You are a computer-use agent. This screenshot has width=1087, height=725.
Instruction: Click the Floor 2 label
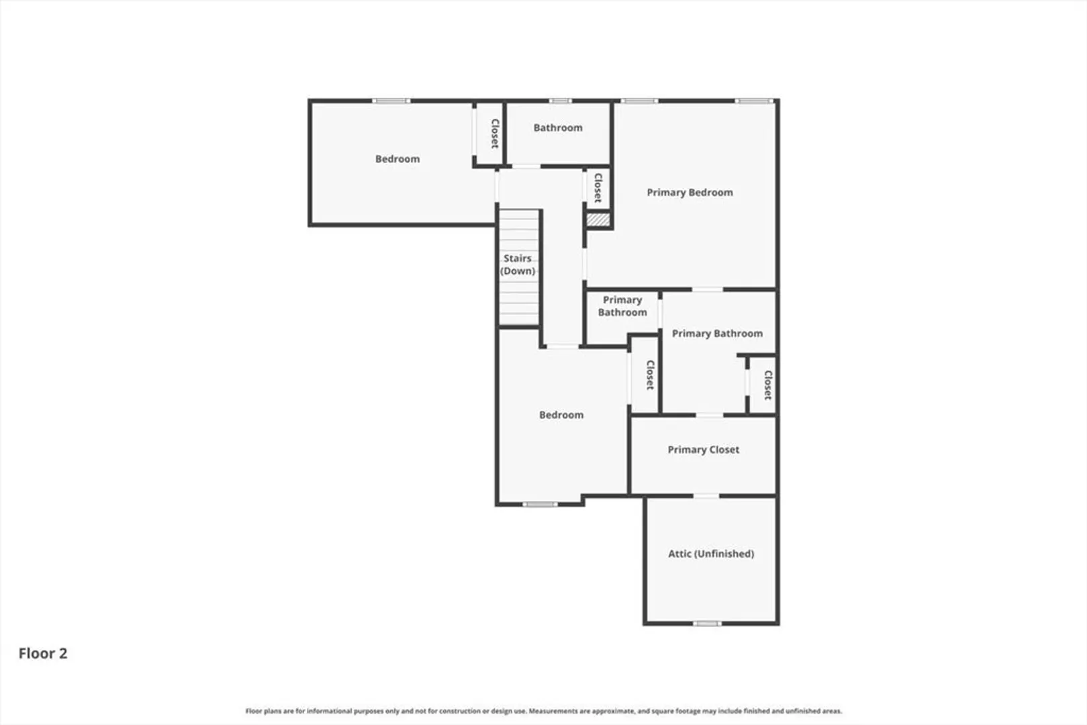coord(43,653)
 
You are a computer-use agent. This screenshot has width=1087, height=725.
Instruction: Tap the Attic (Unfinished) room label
coord(711,554)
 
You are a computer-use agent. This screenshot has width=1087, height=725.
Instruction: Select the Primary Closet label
coord(703,450)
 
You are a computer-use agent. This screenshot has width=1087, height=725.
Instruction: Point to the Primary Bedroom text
coord(690,193)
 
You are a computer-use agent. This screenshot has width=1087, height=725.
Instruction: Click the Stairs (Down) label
coord(517,264)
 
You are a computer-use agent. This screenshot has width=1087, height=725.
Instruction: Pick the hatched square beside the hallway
coord(598,220)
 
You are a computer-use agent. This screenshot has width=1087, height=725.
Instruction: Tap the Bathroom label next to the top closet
coord(557,128)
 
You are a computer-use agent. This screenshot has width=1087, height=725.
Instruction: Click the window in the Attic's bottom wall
coord(706,624)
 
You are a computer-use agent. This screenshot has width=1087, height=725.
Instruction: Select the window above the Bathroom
coord(560,101)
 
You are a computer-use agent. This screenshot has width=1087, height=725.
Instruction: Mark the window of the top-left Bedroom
coord(391,101)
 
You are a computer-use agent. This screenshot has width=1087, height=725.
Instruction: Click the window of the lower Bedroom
coord(540,505)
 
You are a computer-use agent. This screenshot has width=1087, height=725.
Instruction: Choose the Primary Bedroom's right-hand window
coord(753,101)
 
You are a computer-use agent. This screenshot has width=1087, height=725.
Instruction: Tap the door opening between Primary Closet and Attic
coord(706,496)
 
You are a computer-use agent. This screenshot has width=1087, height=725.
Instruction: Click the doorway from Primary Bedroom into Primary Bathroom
coord(707,290)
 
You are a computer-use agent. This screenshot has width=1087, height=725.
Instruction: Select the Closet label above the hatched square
coord(598,188)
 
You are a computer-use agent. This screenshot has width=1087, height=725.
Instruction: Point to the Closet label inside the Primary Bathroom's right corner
coord(767,385)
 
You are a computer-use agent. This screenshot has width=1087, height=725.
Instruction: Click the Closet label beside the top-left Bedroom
coord(495,134)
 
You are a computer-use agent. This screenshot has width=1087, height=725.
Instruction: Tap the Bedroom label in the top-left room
coord(397,158)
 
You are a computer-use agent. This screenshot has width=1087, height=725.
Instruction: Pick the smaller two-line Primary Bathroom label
coord(622,306)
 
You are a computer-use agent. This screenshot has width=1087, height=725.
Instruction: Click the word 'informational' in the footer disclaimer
coord(329,711)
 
